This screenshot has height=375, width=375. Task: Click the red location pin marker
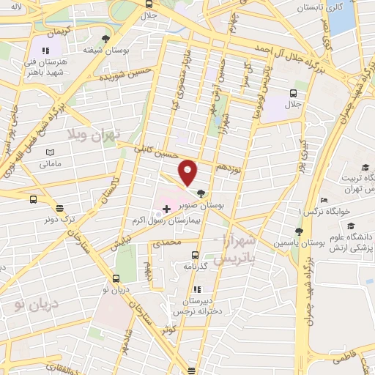pos(188,171)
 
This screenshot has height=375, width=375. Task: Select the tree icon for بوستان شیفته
pos(108,38)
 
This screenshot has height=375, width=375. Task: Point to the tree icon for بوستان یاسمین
pos(299,231)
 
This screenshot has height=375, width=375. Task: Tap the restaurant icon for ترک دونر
pos(59,208)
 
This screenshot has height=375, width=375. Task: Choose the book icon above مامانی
pos(50,152)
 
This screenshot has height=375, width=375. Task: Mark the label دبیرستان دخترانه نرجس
pos(195,305)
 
